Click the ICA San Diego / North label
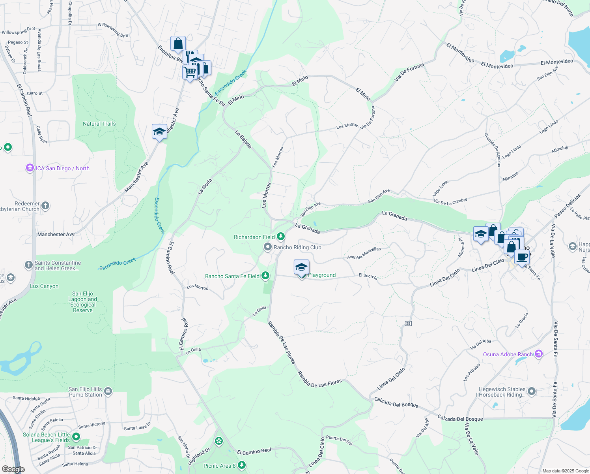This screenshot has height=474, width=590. [x=62, y=168]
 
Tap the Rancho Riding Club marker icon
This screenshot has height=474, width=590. [x=268, y=247]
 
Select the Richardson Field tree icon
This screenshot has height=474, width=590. [x=280, y=237]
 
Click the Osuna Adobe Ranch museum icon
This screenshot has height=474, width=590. [x=539, y=354]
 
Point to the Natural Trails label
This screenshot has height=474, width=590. [x=99, y=124]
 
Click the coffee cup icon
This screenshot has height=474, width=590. [x=522, y=257]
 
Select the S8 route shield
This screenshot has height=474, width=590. [x=408, y=324]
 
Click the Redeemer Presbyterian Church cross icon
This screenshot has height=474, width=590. [x=45, y=205]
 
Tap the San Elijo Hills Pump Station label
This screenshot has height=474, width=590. [x=85, y=392]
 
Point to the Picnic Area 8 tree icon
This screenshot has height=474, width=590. [x=242, y=465]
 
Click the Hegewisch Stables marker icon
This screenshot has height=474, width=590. [x=532, y=391]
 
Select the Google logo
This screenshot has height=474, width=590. [x=13, y=469]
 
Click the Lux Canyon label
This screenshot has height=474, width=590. [x=44, y=286]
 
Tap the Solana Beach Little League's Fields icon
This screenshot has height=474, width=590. [x=76, y=436]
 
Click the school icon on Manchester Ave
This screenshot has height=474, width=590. [x=159, y=132]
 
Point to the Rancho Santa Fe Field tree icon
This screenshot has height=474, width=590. [x=266, y=275]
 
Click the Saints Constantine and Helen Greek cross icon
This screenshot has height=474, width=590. [x=28, y=265]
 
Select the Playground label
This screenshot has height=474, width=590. [x=322, y=275]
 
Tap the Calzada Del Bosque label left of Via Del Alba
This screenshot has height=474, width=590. [x=396, y=403]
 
